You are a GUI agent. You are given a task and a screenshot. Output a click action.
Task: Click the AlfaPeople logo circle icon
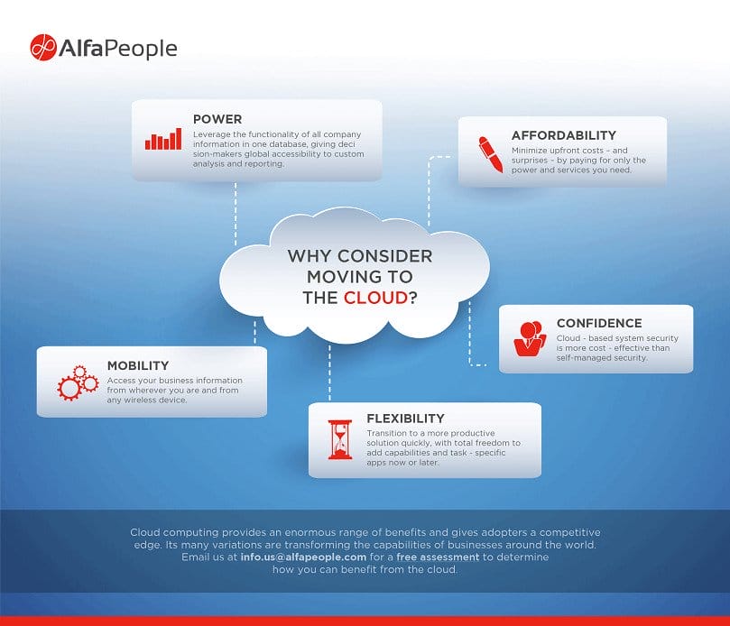[x=43, y=48]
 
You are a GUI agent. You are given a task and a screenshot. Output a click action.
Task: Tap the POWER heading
[x=217, y=119]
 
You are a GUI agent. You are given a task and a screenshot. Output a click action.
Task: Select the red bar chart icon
[x=163, y=139]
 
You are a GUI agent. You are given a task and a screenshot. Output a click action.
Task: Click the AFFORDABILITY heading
[x=564, y=135]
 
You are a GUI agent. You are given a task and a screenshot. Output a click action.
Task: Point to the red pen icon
[x=490, y=153]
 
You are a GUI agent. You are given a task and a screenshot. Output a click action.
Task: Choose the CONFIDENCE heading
[x=599, y=323]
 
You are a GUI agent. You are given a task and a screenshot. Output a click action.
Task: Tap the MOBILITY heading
[x=138, y=365]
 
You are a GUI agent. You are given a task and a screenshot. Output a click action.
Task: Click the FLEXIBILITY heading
[x=405, y=419]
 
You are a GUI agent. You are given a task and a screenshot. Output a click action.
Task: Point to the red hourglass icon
[x=340, y=439]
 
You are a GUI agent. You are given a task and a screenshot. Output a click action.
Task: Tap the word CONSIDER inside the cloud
[x=383, y=256]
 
